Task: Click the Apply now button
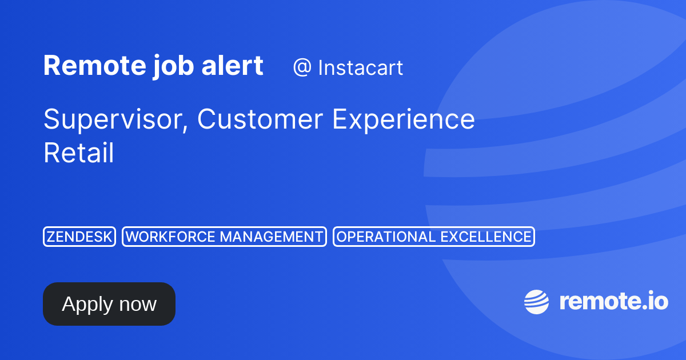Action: click(x=109, y=304)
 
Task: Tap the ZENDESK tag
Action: click(x=79, y=237)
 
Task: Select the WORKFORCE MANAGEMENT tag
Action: click(x=224, y=237)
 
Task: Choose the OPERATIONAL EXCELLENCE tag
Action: click(x=433, y=237)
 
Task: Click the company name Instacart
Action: click(x=360, y=68)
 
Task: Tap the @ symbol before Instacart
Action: click(x=302, y=68)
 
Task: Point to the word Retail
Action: click(x=78, y=153)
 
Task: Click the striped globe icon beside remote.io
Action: click(x=537, y=302)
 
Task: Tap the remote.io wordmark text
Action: click(x=613, y=301)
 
